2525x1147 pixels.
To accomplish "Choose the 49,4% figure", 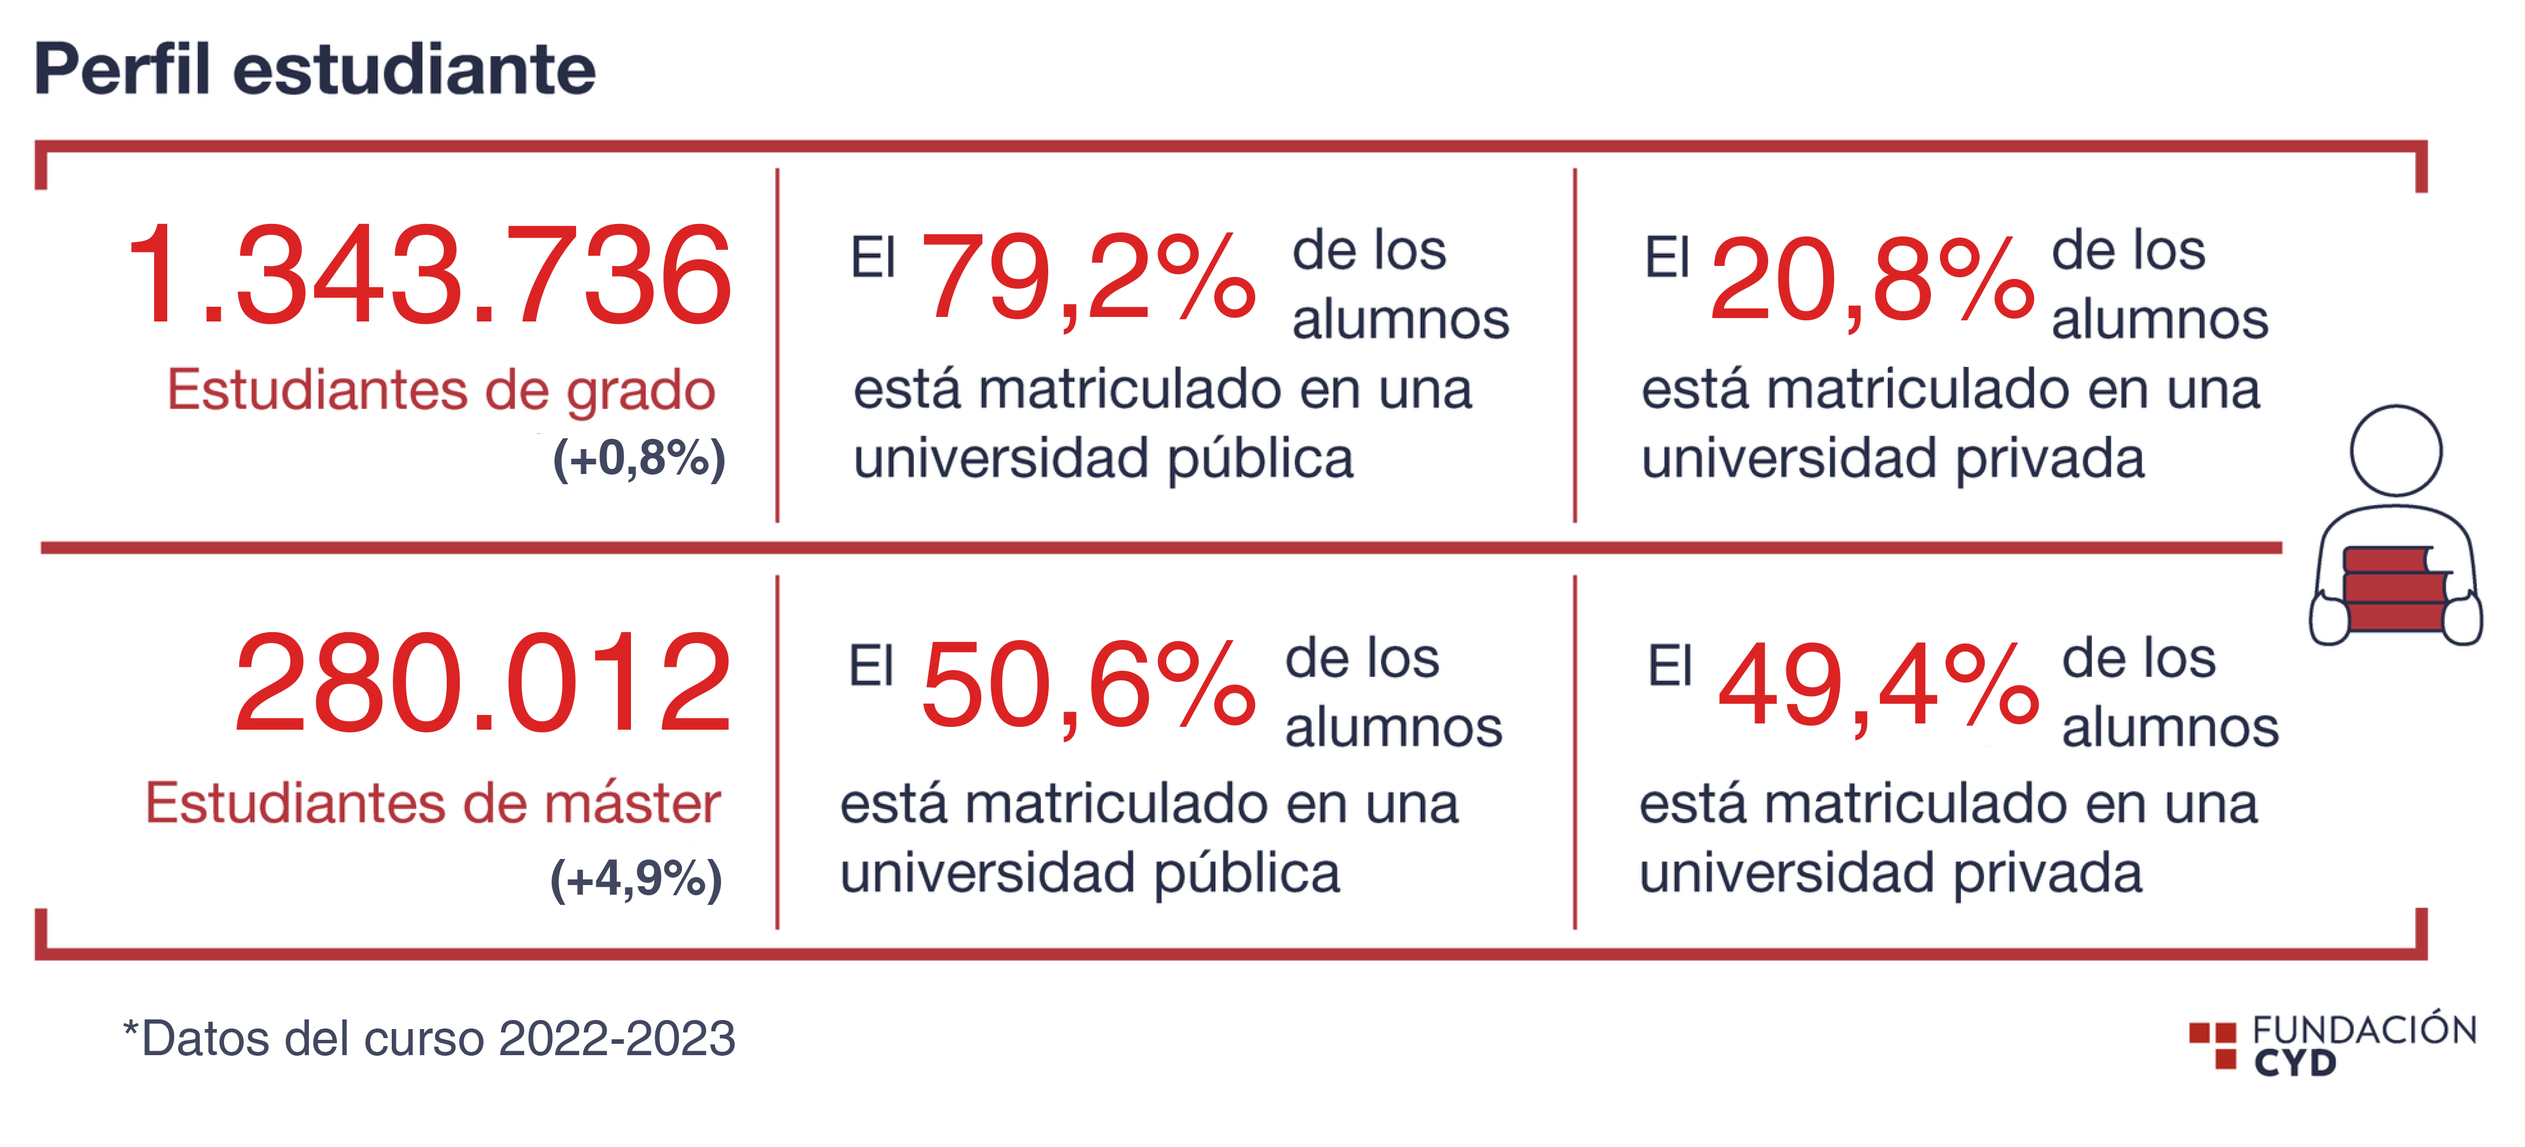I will tap(1877, 686).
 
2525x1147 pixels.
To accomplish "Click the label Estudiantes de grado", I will tap(441, 390).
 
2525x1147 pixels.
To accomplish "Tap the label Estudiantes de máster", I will tap(433, 804).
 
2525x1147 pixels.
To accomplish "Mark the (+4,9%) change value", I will tap(636, 878).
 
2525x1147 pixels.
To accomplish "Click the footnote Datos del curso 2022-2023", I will tap(429, 1039).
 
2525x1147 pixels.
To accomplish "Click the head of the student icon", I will tap(2396, 451).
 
